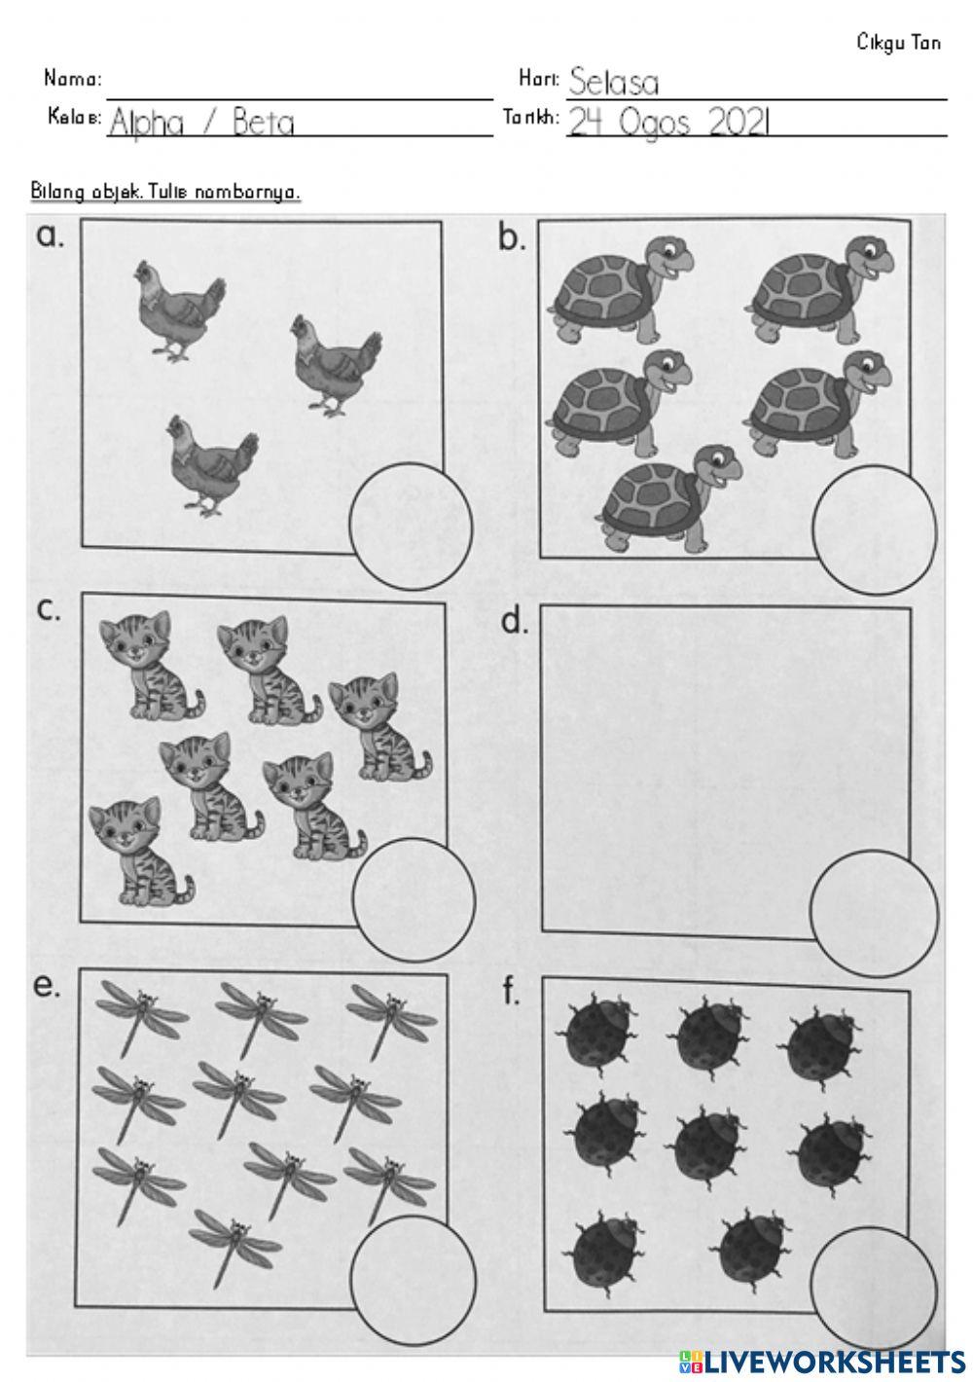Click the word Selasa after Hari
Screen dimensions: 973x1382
click(613, 82)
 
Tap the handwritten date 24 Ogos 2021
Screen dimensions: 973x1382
click(668, 122)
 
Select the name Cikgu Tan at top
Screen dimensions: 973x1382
click(898, 43)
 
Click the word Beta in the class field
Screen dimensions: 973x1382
click(263, 123)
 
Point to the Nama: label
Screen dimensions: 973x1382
click(72, 79)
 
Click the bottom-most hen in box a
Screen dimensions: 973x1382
click(212, 464)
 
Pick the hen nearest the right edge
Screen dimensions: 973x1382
click(337, 366)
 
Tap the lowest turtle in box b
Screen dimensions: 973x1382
click(667, 498)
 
